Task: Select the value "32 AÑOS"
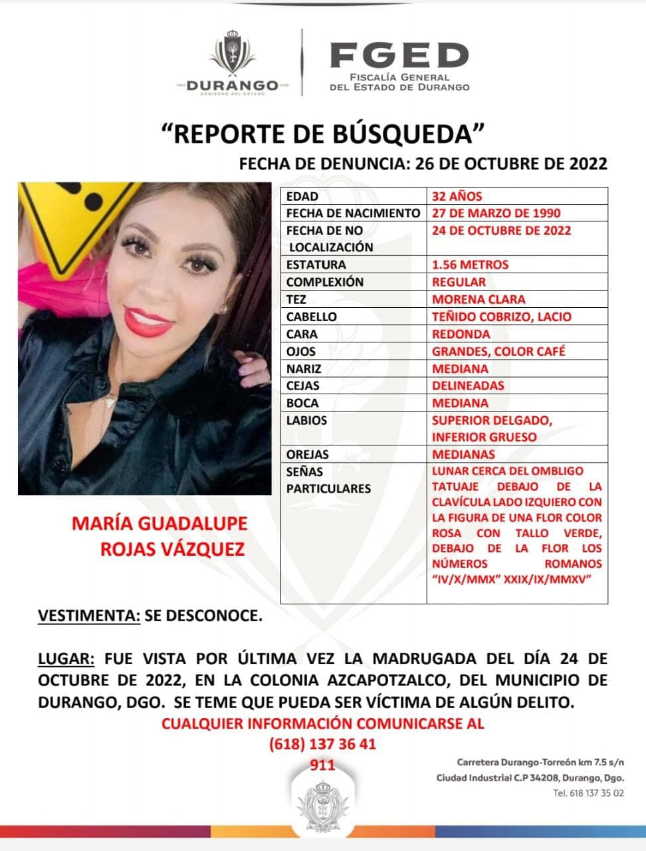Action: point(457,196)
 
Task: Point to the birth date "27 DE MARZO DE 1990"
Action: point(496,213)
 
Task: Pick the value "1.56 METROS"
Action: point(470,265)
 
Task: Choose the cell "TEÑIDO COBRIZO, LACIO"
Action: point(501,316)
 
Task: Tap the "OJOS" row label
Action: point(300,351)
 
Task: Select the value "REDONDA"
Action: point(461,334)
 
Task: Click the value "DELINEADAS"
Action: point(468,386)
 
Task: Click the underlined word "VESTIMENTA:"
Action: point(89,616)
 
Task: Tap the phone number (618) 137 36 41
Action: point(322,744)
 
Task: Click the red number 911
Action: point(323,765)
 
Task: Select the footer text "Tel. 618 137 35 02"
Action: point(588,793)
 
